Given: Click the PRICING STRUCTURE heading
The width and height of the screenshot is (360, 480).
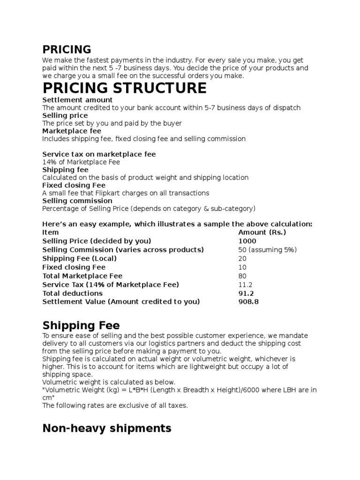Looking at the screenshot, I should pos(124,88).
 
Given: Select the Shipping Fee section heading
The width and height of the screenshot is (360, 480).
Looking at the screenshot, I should pos(81,325).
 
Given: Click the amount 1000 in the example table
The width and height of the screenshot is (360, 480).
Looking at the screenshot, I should pos(247,241).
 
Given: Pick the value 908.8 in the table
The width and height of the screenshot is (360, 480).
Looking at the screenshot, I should pos(248,302).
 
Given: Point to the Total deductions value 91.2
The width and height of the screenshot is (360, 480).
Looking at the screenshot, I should pos(247,293).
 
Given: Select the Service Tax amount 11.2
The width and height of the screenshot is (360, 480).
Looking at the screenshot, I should pos(245,285).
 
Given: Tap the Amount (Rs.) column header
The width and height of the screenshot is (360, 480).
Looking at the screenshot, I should pos(262,232).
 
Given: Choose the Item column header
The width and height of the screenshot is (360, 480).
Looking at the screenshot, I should pos(51,232).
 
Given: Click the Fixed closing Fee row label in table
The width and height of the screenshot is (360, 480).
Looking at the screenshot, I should pos(74,267).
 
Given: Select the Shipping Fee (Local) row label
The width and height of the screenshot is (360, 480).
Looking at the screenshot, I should pos(79,258).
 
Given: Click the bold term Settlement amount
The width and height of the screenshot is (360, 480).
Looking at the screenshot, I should pos(77,100).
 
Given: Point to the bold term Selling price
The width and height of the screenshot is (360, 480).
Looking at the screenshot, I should pos(65,115).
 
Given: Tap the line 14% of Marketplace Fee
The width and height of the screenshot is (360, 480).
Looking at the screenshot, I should pos(81,162).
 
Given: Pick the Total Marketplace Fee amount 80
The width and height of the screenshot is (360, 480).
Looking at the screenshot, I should pos(242,276).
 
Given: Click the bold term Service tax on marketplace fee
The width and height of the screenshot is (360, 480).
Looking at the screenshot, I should pos(99,154).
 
